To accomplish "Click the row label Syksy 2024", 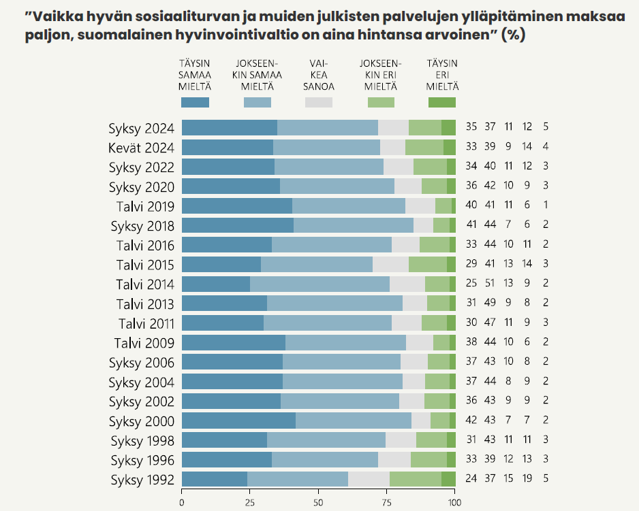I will pyautogui.click(x=141, y=128).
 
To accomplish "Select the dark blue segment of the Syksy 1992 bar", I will pyautogui.click(x=214, y=479).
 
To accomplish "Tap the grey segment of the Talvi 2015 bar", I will pyautogui.click(x=390, y=265).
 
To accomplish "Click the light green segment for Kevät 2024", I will pyautogui.click(x=424, y=147).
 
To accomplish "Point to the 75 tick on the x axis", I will pyautogui.click(x=386, y=502).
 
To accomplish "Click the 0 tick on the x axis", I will pyautogui.click(x=182, y=502).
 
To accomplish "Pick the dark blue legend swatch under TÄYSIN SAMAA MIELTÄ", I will pyautogui.click(x=195, y=102).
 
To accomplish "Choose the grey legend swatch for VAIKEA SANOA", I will pyautogui.click(x=319, y=102).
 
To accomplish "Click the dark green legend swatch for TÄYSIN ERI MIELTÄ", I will pyautogui.click(x=442, y=102).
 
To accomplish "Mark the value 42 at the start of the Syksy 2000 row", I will pyautogui.click(x=471, y=421).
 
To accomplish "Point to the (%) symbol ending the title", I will pyautogui.click(x=513, y=35).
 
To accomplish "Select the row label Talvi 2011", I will pyautogui.click(x=146, y=323).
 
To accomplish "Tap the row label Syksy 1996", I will pyautogui.click(x=141, y=460).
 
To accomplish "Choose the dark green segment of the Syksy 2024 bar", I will pyautogui.click(x=448, y=127).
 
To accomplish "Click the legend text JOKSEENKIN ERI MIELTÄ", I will pyautogui.click(x=380, y=75).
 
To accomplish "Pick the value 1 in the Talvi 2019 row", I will pyautogui.click(x=546, y=206).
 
